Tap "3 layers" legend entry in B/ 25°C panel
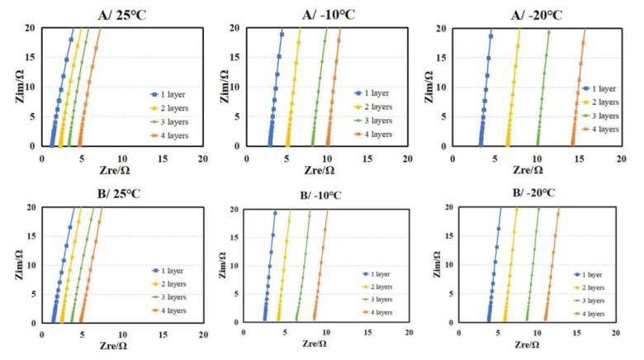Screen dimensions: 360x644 pos(173,297)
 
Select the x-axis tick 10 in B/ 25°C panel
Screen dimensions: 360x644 pos(122,335)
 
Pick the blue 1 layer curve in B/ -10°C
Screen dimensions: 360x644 pos(269,264)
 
